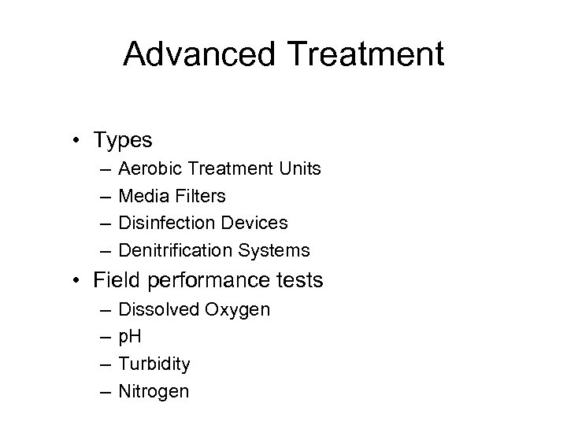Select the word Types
tap(123, 140)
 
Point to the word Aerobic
tap(146, 168)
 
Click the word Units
tap(299, 168)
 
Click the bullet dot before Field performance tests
tap(81, 280)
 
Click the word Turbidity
tap(154, 364)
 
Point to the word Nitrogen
tap(153, 391)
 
